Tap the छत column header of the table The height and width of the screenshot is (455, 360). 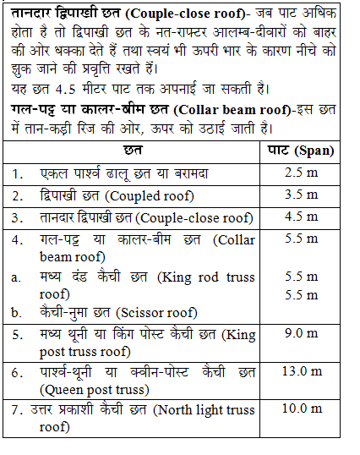[132, 151]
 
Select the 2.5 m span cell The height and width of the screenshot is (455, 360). [301, 173]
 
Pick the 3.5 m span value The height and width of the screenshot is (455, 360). [301, 195]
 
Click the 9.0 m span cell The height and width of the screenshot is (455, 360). [301, 333]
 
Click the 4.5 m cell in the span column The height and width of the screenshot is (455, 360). [301, 217]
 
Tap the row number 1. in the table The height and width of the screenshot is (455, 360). [18, 173]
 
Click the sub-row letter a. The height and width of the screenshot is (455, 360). [16, 277]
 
